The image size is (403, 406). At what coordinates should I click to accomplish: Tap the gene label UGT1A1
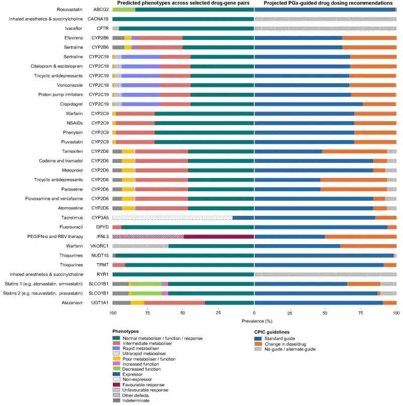click(x=100, y=303)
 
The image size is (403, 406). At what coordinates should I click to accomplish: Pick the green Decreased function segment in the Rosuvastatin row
click(x=125, y=9)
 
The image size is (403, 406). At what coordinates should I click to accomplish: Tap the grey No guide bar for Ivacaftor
click(x=325, y=28)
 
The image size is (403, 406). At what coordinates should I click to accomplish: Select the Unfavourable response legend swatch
click(x=116, y=390)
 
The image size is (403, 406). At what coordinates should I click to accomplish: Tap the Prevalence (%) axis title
click(x=254, y=321)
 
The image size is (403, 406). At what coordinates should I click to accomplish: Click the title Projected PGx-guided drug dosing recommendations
click(x=325, y=3)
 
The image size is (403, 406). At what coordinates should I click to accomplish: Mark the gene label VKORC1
click(x=100, y=246)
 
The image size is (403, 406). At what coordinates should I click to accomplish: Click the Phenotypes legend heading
click(x=126, y=331)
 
